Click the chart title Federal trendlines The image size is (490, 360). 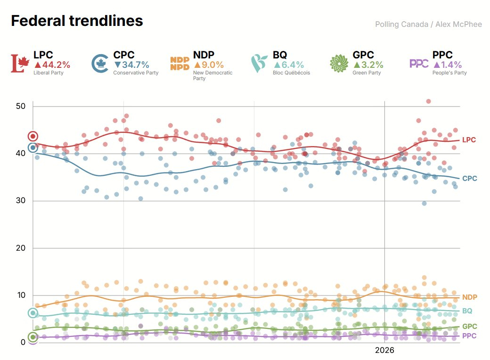coord(77,21)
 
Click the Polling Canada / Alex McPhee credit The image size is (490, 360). coord(428,24)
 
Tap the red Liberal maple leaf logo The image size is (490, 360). coord(20,64)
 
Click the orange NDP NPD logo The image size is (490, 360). coord(180,64)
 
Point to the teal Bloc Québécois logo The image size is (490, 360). coord(259,64)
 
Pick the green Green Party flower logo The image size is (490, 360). coord(339,64)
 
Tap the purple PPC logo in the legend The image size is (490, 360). coord(419,64)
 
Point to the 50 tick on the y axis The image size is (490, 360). coord(20,106)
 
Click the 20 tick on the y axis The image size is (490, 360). coord(20,248)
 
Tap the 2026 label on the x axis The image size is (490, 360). coord(384,351)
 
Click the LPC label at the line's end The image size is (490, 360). coord(469,140)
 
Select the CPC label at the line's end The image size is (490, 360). coord(469,179)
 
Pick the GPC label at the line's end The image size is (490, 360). coord(469,327)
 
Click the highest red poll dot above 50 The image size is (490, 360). coord(428,101)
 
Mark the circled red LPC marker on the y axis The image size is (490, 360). coord(33,136)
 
